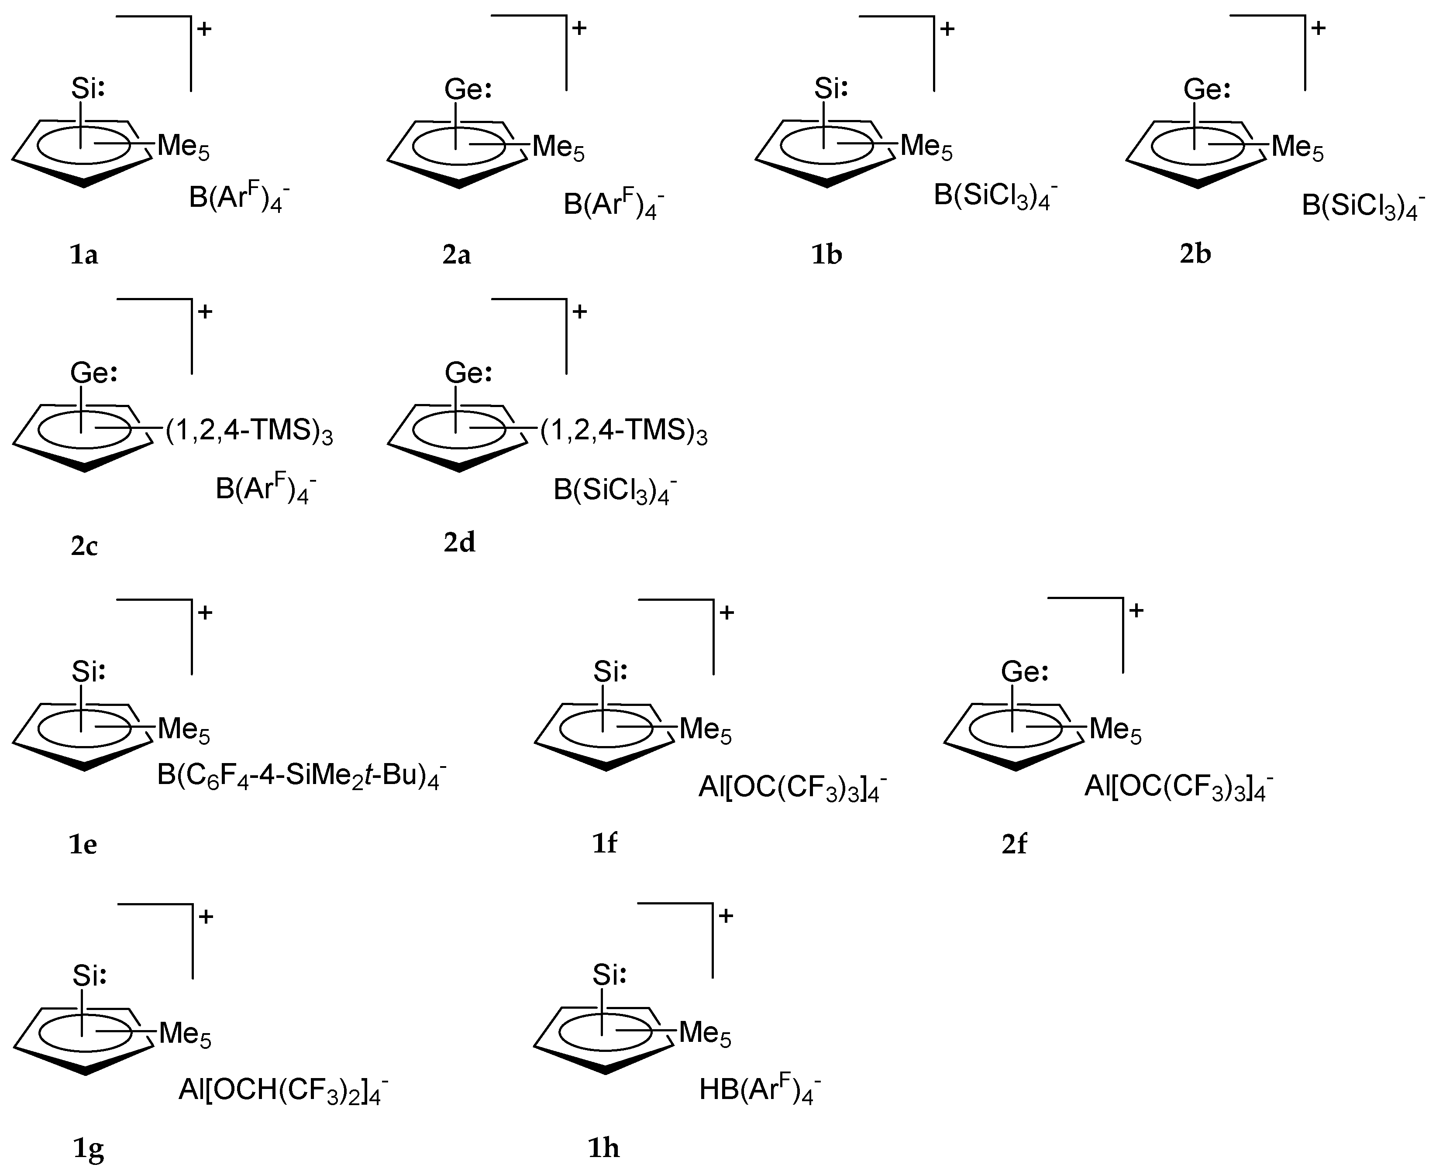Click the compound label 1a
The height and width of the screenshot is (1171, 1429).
(84, 255)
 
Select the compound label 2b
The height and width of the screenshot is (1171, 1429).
(1195, 253)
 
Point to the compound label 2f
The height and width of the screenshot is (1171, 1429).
(1014, 843)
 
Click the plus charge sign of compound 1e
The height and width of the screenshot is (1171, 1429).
(204, 613)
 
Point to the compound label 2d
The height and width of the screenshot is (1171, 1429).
(459, 542)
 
